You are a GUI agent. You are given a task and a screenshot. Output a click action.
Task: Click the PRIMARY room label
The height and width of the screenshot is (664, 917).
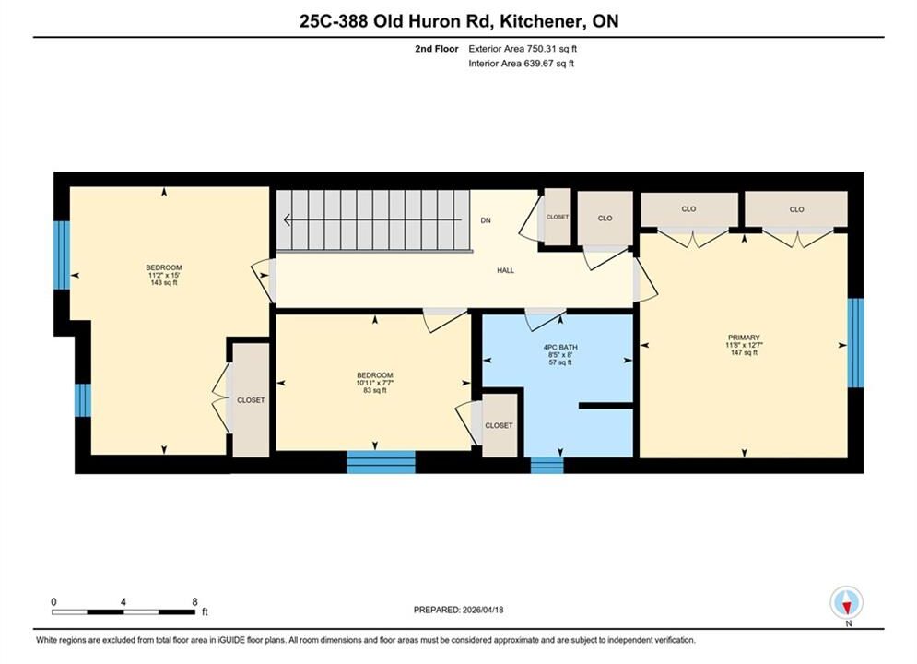coord(744,338)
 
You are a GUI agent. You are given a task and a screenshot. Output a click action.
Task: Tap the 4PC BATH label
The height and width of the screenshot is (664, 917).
coord(560,347)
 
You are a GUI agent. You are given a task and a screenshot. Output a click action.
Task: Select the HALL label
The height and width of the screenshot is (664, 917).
coord(506,270)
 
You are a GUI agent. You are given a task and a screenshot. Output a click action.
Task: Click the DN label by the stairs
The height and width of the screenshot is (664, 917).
coord(486,220)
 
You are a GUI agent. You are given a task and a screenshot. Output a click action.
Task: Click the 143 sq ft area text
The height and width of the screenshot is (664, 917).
coord(164,282)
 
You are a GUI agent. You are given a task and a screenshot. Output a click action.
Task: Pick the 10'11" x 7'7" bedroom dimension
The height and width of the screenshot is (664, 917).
coord(375,383)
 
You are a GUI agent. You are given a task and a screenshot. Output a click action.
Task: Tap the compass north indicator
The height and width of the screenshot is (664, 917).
coord(846,602)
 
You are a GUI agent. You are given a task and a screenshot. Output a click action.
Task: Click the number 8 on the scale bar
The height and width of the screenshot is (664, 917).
coord(194,601)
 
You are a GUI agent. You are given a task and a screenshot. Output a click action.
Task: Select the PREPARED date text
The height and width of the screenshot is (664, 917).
coord(459,610)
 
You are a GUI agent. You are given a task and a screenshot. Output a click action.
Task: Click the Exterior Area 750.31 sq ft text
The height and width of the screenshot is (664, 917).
coord(523,49)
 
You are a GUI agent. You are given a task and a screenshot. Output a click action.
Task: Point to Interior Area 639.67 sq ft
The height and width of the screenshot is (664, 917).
coord(521,64)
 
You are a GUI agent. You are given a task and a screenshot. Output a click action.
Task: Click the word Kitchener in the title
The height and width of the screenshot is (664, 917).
coord(540,21)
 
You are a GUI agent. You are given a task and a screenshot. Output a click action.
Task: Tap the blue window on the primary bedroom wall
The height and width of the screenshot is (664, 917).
coord(855,343)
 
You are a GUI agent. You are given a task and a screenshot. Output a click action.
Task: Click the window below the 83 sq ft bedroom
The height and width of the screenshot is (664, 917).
coord(382,462)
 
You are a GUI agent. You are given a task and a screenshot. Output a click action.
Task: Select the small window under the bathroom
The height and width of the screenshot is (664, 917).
coord(547,465)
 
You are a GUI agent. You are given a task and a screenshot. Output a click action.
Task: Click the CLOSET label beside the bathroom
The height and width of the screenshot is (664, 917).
coord(499,425)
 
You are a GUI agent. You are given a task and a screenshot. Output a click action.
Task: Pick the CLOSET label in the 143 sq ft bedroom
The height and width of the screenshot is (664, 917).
coord(251,400)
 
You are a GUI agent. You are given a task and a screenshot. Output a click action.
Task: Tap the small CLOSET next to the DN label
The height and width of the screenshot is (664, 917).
coord(558,217)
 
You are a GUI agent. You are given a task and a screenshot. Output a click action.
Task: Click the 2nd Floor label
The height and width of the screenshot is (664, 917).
coord(437,49)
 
